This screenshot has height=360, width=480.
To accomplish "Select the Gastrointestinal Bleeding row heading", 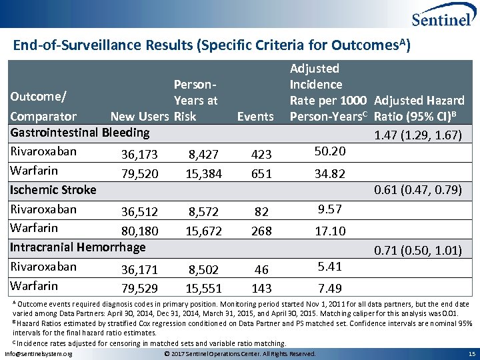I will tap(80, 132).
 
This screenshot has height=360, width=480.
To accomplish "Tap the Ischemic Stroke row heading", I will tap(53, 190).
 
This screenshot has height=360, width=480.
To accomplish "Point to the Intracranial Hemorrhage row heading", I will tap(78, 247).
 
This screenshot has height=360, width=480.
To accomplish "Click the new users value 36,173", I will tap(139, 155).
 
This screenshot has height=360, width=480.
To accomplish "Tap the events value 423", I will tap(261, 155).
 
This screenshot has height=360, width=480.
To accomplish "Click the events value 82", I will tap(261, 212).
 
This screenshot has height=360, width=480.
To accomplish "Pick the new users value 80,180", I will tap(139, 231).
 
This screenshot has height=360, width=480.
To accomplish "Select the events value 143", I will tap(261, 289).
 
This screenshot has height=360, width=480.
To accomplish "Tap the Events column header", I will tap(255, 117).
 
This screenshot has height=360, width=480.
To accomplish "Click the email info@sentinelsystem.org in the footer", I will tap(39, 353).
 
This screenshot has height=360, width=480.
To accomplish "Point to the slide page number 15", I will tap(471, 353).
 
